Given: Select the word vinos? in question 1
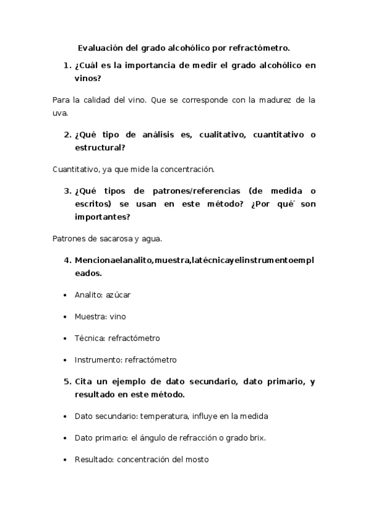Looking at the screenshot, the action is coord(88,79).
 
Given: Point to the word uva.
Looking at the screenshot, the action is coord(61,113).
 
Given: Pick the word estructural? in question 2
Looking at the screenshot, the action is coord(100,147).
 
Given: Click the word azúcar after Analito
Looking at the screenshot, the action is coord(118,295).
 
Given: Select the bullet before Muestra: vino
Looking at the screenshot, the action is coord(65,316).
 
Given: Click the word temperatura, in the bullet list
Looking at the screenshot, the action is coord(166,416).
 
